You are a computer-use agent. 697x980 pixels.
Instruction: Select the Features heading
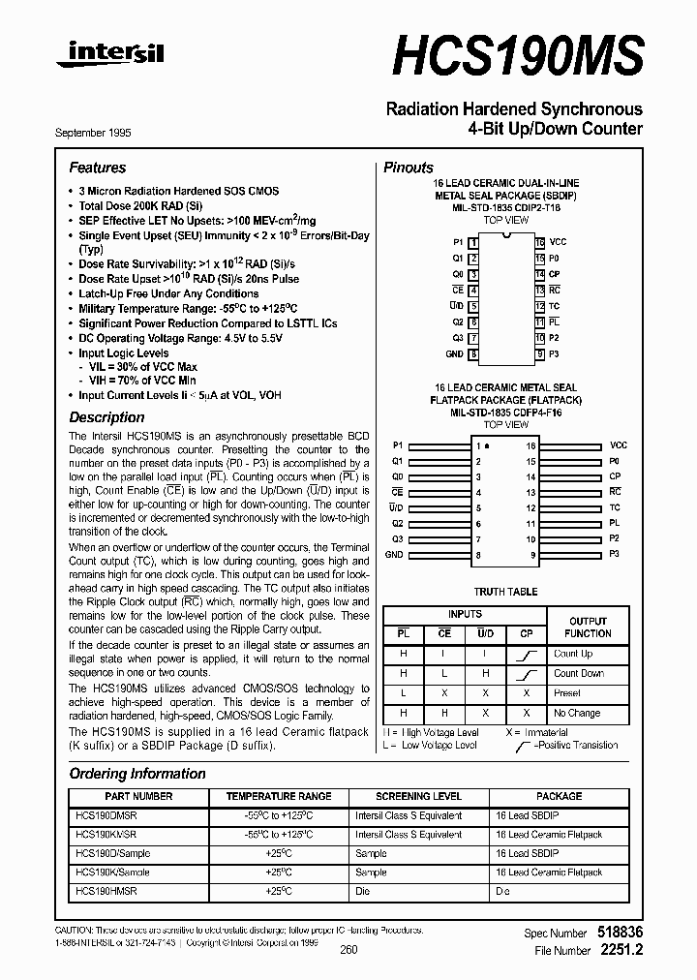(x=97, y=168)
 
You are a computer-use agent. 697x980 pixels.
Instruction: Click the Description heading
(x=106, y=417)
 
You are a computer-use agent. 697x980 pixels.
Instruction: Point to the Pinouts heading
(x=409, y=168)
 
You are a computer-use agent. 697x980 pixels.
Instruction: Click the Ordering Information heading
(x=137, y=774)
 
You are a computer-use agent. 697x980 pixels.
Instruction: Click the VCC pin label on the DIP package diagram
(x=559, y=241)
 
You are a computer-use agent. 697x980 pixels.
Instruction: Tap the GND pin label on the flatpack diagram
(x=394, y=555)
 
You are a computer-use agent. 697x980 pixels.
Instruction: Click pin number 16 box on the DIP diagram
(x=539, y=242)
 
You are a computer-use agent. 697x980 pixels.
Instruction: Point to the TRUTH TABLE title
(x=504, y=591)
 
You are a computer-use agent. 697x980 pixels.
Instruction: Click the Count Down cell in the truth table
(x=578, y=673)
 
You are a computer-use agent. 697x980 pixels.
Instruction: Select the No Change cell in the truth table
(x=577, y=713)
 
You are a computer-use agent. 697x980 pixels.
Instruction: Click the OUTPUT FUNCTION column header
(x=588, y=628)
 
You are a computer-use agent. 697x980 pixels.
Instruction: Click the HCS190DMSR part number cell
(x=106, y=815)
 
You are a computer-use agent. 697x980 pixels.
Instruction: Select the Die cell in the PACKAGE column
(x=502, y=891)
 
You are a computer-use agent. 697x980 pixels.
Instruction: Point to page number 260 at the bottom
(x=348, y=950)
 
